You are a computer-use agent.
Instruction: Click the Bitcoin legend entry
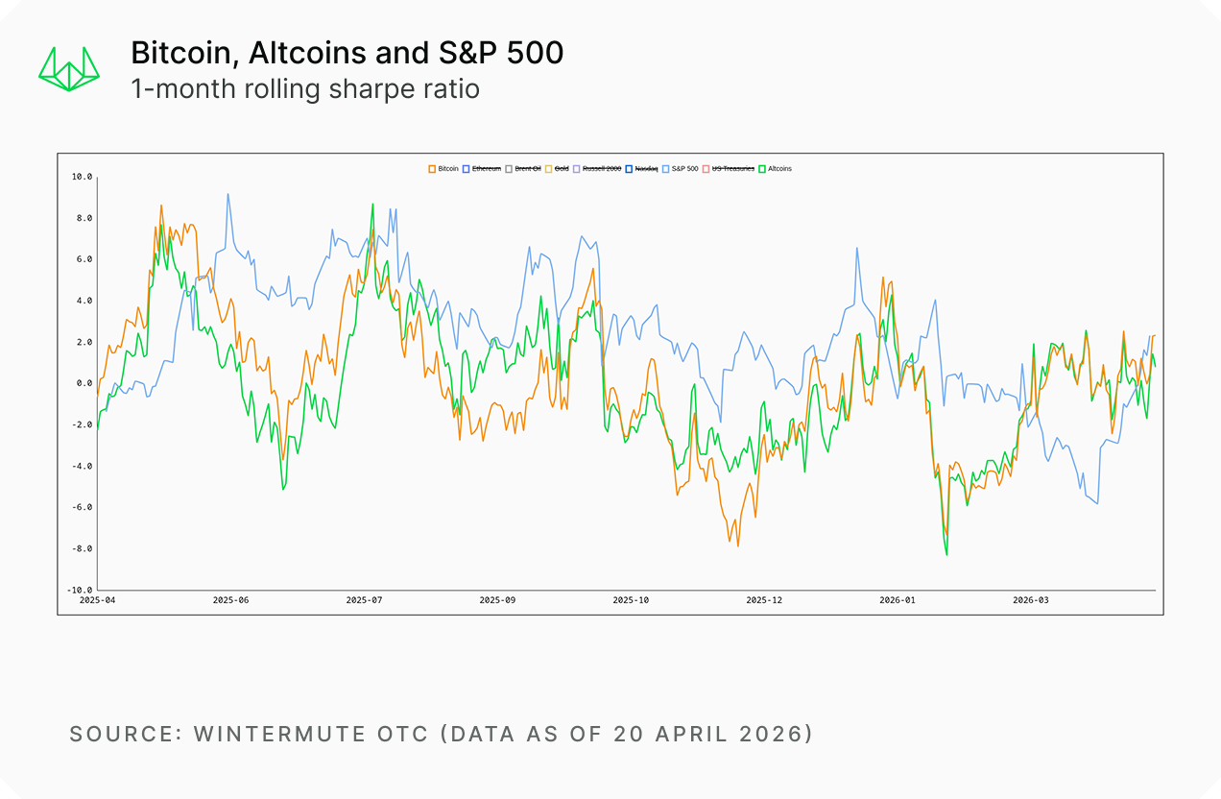(443, 169)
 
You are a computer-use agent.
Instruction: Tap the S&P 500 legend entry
(681, 169)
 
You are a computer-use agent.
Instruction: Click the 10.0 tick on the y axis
(82, 177)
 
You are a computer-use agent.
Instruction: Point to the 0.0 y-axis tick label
(84, 383)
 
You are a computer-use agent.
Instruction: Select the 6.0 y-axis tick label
(84, 259)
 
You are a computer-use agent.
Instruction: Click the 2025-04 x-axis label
(97, 600)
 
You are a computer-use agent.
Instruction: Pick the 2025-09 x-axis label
(497, 600)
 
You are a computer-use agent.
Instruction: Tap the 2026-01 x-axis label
(898, 600)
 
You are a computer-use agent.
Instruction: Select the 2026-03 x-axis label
(1031, 600)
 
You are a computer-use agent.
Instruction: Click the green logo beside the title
(69, 68)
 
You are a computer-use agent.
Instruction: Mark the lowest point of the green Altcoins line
(946, 555)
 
